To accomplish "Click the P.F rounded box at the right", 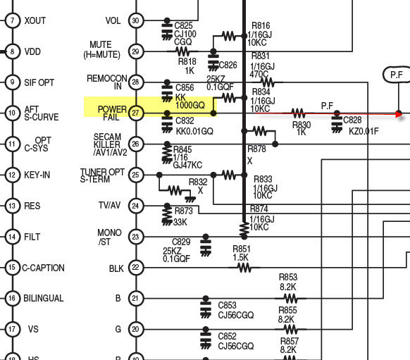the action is (x=397, y=75).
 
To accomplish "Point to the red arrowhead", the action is (x=399, y=114).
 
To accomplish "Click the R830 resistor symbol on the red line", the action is (x=298, y=113).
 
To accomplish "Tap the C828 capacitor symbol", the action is (x=337, y=122).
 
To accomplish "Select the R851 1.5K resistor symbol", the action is (x=244, y=268).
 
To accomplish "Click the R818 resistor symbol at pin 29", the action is (x=182, y=51).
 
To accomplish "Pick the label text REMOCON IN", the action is (x=107, y=82).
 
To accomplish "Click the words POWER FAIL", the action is (x=112, y=113).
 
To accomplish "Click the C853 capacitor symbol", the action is (x=206, y=307).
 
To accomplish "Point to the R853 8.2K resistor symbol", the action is (x=290, y=298).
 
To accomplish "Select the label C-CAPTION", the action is (x=43, y=268).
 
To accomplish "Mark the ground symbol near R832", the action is (x=190, y=199).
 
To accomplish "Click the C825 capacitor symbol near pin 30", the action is (x=167, y=30).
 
